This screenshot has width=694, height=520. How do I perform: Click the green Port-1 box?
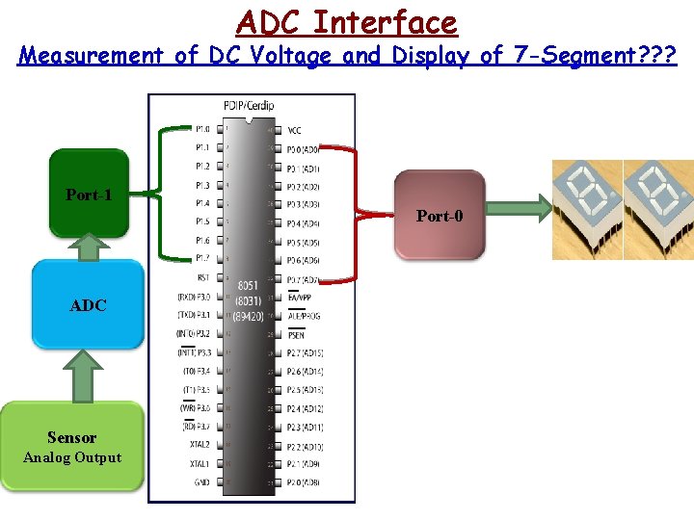coord(88,193)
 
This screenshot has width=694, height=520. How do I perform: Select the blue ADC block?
coord(88,304)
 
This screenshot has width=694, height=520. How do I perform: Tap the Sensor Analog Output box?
coord(72,448)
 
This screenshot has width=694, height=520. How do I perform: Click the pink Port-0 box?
coord(439,215)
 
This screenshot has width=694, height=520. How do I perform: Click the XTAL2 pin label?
coord(199,445)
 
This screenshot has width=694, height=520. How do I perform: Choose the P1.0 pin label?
coord(201,129)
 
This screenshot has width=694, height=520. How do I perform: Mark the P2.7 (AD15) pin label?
coord(305,352)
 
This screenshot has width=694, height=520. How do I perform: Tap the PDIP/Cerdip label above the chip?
coord(250,105)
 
